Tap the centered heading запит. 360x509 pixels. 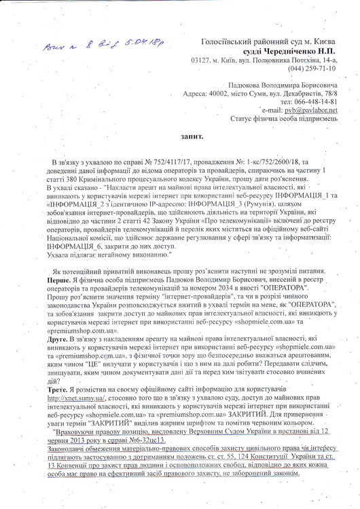tap(187, 135)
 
